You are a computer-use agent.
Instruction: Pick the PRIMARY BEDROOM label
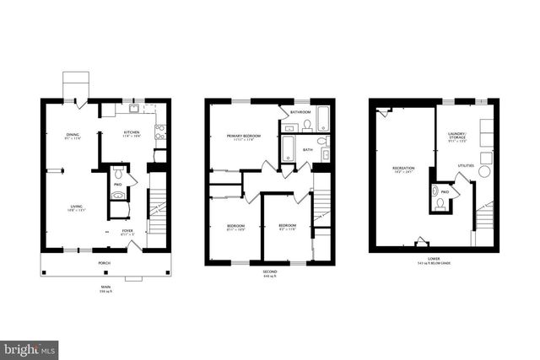pyautogui.click(x=240, y=136)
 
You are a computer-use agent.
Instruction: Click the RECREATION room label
pyautogui.click(x=402, y=169)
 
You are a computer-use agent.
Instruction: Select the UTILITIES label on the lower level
pyautogui.click(x=465, y=166)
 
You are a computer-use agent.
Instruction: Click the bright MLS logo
pyautogui.click(x=30, y=347)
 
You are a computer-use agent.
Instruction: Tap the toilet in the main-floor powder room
pyautogui.click(x=118, y=175)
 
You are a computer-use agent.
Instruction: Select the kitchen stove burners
pyautogui.click(x=159, y=131)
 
